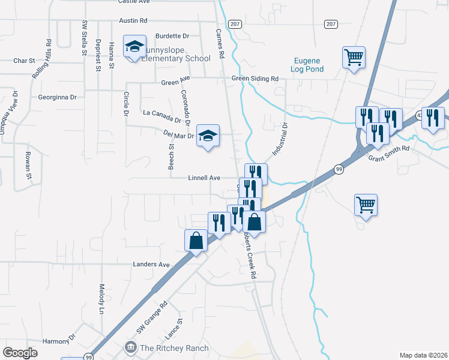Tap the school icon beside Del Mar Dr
click(208, 136)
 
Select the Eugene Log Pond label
click(309, 65)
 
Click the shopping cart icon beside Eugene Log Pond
click(354, 58)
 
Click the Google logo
click(20, 353)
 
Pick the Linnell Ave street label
click(205, 178)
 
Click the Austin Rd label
click(133, 20)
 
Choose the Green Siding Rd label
click(255, 79)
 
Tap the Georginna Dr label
click(58, 97)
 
